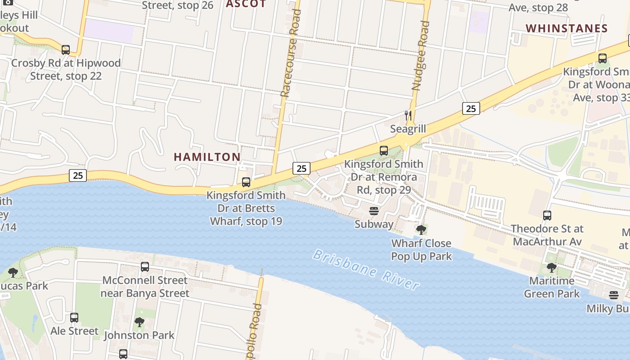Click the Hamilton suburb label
point(207,157)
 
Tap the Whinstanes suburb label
point(567,28)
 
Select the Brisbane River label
point(366,270)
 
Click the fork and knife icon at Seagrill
point(408,116)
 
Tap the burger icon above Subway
point(373,211)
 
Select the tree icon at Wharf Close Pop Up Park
point(421,230)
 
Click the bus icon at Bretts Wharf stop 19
point(246,182)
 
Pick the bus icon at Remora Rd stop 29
point(384,151)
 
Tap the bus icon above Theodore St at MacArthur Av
point(547,216)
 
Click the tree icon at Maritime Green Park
point(552,268)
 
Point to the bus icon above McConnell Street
point(145,267)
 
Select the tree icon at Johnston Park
point(139,322)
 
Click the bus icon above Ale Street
point(74,318)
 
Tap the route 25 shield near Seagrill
point(471,108)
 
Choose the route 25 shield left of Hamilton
point(78,175)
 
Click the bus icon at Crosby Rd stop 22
point(66,49)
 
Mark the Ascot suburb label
point(246,4)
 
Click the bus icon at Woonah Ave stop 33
point(602,58)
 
